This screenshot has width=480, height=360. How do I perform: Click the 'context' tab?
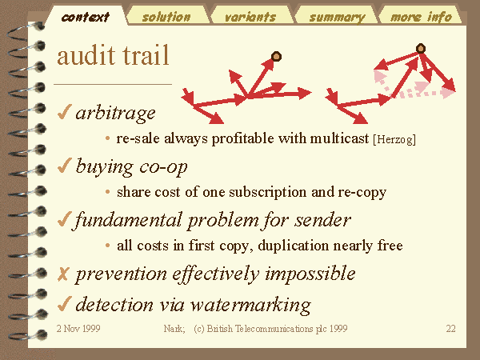[85, 17]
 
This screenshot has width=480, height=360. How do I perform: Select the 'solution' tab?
[166, 17]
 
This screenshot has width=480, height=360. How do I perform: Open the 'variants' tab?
[250, 17]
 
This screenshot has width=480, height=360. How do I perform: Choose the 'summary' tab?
[337, 17]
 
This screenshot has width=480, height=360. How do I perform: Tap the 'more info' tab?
[422, 17]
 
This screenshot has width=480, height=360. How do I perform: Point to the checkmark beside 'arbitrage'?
[64, 112]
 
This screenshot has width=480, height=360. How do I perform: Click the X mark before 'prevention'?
[63, 274]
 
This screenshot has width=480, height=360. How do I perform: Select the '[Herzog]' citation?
[394, 139]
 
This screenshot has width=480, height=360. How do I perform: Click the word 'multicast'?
[339, 138]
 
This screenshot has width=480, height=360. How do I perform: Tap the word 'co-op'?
[163, 167]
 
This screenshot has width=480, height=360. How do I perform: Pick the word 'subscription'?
[267, 193]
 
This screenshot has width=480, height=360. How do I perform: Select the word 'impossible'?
[310, 274]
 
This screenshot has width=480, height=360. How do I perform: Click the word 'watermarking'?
[250, 305]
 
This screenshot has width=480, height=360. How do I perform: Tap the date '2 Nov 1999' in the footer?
[78, 329]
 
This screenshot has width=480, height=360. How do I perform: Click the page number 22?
[450, 329]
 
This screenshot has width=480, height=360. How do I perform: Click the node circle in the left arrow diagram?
[276, 56]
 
